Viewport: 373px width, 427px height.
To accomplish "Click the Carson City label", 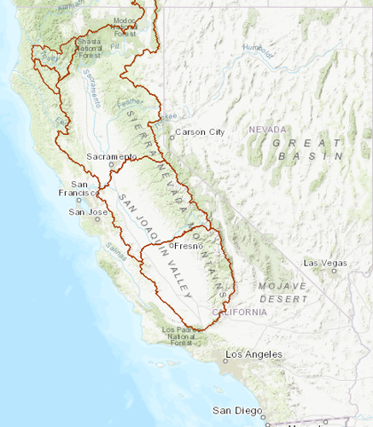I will click(x=201, y=133).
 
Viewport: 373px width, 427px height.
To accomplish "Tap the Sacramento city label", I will click(x=111, y=157).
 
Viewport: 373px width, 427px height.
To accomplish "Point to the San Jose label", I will click(x=88, y=212).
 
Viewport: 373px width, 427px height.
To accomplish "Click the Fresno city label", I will click(x=187, y=246).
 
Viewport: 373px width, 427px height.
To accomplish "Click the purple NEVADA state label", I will click(x=265, y=130).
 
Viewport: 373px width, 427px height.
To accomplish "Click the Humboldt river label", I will click(x=258, y=51).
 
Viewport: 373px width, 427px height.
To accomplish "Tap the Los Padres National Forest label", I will click(x=180, y=336).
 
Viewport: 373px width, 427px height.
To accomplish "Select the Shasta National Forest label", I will click(x=94, y=48).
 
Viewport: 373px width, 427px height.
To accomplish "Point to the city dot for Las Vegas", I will click(x=335, y=271).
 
